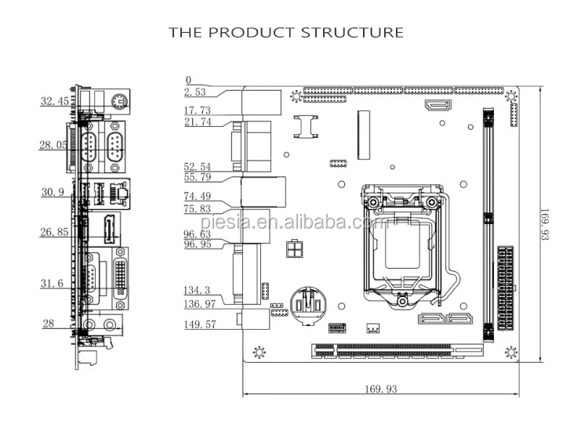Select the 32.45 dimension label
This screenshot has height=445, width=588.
55,100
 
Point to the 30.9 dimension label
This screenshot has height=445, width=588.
53,193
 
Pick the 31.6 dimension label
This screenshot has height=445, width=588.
53,284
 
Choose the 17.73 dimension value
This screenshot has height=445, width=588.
198,110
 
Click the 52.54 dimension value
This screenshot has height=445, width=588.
198,167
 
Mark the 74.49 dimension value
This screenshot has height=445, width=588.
198,196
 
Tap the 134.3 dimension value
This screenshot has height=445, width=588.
198,290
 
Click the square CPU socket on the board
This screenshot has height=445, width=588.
400,243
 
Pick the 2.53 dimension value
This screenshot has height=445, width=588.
195,92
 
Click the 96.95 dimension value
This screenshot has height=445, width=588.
198,244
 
